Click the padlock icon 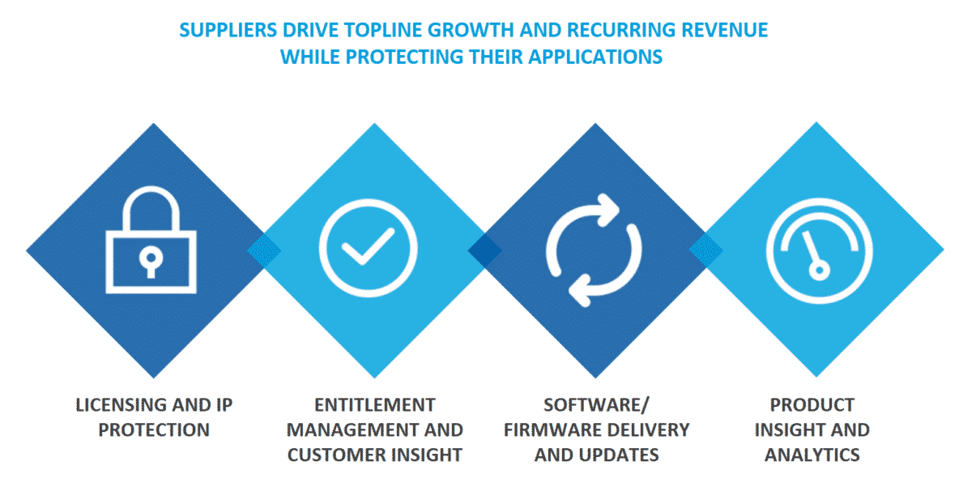(x=151, y=240)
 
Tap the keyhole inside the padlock (x=151, y=263)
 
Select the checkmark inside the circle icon (x=369, y=246)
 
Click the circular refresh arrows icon (x=594, y=250)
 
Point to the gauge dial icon (x=819, y=250)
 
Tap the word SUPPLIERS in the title (x=228, y=30)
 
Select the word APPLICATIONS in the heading (x=595, y=58)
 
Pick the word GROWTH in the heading (x=471, y=30)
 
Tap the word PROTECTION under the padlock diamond (x=154, y=430)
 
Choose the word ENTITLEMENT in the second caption (x=375, y=405)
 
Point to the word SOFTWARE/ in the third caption (x=596, y=405)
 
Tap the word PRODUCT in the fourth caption (x=812, y=405)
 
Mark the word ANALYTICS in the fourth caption (x=812, y=455)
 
